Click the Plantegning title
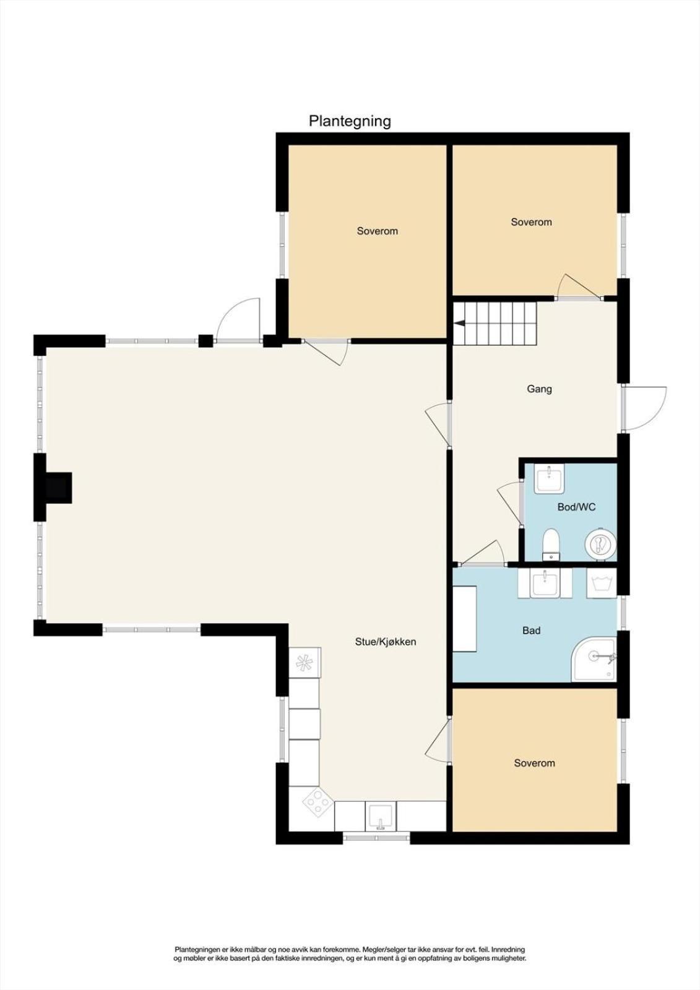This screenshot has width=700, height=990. pos(350,121)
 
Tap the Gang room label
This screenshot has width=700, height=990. pos(540,389)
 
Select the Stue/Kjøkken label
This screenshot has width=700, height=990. pos(386,642)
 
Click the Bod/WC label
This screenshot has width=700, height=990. pos(576,507)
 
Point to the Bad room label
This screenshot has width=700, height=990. pos(532,631)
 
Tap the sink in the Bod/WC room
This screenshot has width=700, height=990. pos(549,479)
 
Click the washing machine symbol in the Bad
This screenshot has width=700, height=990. pos(602,583)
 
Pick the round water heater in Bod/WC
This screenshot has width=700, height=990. pos(600,545)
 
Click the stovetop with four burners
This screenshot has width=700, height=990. pos(318,802)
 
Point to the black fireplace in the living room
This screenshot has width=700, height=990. pos(58,487)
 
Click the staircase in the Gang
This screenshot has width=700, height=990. pos(494,324)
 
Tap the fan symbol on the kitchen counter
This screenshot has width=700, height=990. pos(305,661)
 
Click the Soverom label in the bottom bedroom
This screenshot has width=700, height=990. pos(534,764)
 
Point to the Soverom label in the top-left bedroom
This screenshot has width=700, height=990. pos(377,231)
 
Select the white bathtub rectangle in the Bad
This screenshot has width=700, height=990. pos(464,619)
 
